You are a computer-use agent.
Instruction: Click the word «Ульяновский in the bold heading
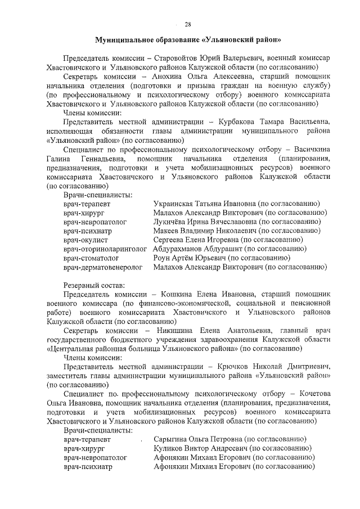click(x=227, y=40)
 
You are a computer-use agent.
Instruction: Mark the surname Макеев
click(x=168, y=231)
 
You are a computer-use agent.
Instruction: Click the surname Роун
click(x=163, y=258)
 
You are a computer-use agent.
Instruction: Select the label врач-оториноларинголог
click(x=105, y=249)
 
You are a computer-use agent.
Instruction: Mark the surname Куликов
click(x=169, y=448)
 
